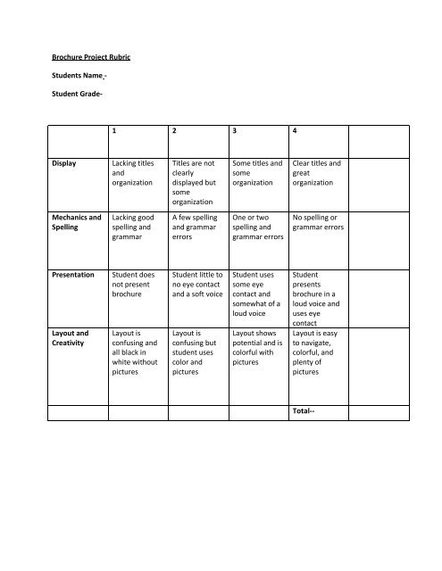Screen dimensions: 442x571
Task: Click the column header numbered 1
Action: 113,131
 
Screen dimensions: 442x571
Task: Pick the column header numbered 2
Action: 172,131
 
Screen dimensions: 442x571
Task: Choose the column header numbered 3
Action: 233,131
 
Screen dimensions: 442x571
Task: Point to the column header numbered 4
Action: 295,131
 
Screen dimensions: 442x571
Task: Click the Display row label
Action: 65,163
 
